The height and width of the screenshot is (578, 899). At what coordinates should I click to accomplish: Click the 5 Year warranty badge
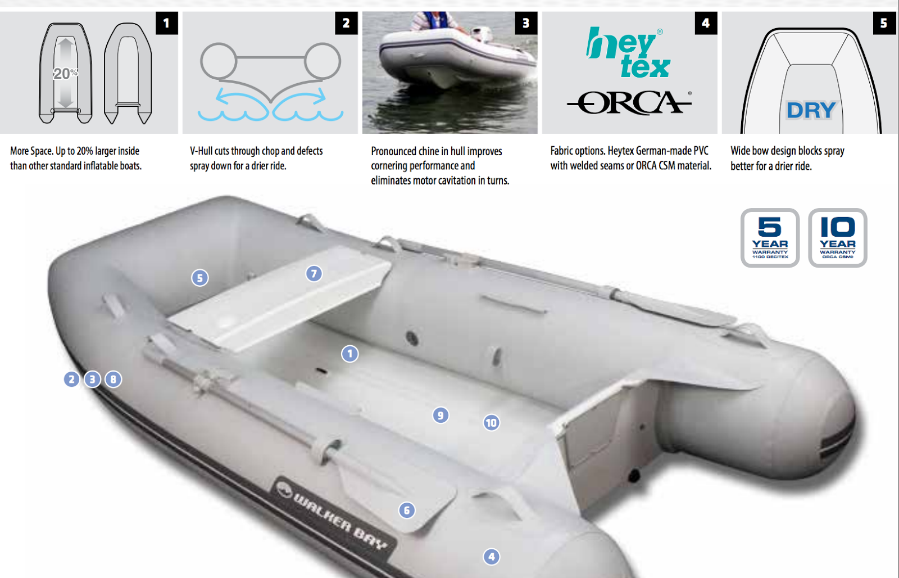tap(770, 238)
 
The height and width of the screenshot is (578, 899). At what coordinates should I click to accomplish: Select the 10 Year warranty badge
tap(837, 238)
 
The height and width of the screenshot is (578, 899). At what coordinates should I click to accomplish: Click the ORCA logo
tap(629, 103)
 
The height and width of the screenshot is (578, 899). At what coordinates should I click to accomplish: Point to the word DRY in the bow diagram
tap(811, 110)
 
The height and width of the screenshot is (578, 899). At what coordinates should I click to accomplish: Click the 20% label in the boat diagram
tap(65, 74)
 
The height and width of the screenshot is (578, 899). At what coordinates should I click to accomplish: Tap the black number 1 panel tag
tap(166, 23)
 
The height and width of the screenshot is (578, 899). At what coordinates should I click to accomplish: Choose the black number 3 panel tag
tap(526, 23)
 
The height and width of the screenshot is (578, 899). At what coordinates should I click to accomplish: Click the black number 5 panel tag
tap(884, 23)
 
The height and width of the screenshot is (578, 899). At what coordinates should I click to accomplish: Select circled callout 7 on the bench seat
tap(314, 274)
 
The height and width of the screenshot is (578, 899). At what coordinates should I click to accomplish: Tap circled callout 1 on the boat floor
tap(349, 354)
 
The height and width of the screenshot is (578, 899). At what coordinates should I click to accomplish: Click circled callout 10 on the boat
tap(491, 423)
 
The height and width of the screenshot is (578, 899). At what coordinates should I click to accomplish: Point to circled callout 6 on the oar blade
tap(407, 511)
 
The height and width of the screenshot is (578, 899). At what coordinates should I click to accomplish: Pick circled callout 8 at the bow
tap(113, 380)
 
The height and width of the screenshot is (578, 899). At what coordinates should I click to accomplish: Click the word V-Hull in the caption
tap(201, 151)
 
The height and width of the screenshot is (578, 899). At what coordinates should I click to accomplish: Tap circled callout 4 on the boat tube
tap(491, 557)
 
